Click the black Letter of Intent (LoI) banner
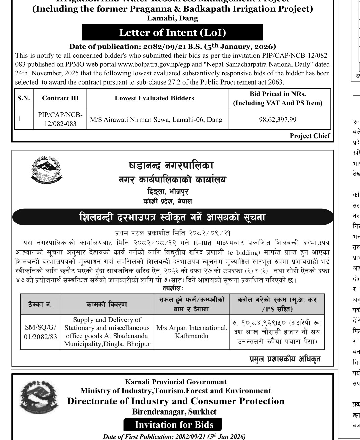[172, 33]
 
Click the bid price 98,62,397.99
[278, 119]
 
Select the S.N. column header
[24, 98]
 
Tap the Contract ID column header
[60, 98]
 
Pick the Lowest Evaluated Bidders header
[154, 98]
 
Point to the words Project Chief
[310, 136]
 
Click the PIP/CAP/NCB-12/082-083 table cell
[60, 119]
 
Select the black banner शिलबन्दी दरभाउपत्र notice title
[172, 217]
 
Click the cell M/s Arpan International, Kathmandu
[191, 332]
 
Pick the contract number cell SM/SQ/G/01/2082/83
[40, 332]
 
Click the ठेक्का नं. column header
[40, 304]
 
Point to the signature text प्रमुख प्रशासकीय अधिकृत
[285, 359]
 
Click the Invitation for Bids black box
[174, 425]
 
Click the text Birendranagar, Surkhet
[174, 412]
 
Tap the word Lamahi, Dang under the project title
[173, 18]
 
